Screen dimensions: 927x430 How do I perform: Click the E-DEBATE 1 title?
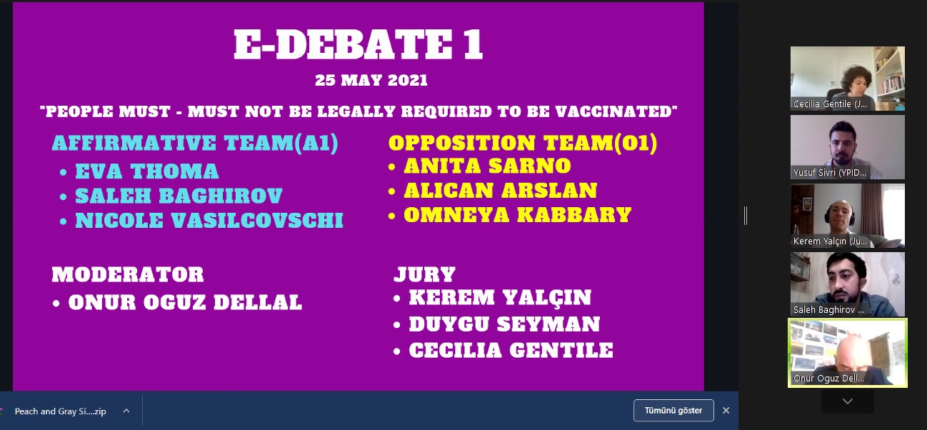pyautogui.click(x=359, y=45)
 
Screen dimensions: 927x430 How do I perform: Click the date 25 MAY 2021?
pyautogui.click(x=371, y=80)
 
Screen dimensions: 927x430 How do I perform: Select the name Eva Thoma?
pyautogui.click(x=147, y=171)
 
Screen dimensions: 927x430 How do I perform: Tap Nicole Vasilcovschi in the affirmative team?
pyautogui.click(x=209, y=220)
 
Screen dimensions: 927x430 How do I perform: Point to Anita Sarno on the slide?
pyautogui.click(x=488, y=166)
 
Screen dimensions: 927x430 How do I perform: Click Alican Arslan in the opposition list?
pyautogui.click(x=501, y=191)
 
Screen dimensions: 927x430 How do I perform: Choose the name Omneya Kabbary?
pyautogui.click(x=518, y=215)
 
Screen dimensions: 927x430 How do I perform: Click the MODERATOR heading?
pyautogui.click(x=128, y=274)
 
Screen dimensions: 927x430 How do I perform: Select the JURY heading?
pyautogui.click(x=425, y=274)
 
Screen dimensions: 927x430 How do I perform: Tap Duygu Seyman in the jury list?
pyautogui.click(x=504, y=324)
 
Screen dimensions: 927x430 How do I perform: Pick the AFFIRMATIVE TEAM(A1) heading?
pyautogui.click(x=195, y=143)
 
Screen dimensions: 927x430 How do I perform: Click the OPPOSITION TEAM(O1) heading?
pyautogui.click(x=523, y=143)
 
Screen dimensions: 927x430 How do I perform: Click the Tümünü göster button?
pyautogui.click(x=673, y=411)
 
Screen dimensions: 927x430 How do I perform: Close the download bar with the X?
pyautogui.click(x=726, y=411)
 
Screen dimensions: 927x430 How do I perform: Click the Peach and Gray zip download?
pyautogui.click(x=61, y=411)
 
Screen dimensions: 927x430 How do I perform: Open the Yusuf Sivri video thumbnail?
pyautogui.click(x=848, y=147)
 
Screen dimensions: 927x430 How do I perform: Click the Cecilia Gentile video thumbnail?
pyautogui.click(x=848, y=79)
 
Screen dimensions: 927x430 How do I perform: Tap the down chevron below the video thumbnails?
pyautogui.click(x=848, y=401)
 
